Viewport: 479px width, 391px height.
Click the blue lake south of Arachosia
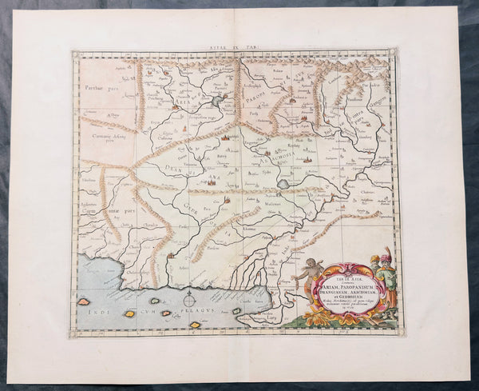[x=286, y=183]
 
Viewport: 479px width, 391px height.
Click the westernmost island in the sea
[x=84, y=301]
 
